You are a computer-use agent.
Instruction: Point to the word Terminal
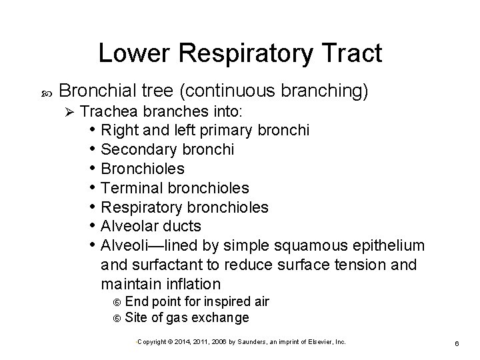pos(130,188)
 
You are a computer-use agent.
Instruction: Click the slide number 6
pos(455,342)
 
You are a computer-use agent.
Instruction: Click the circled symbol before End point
pos(118,302)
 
